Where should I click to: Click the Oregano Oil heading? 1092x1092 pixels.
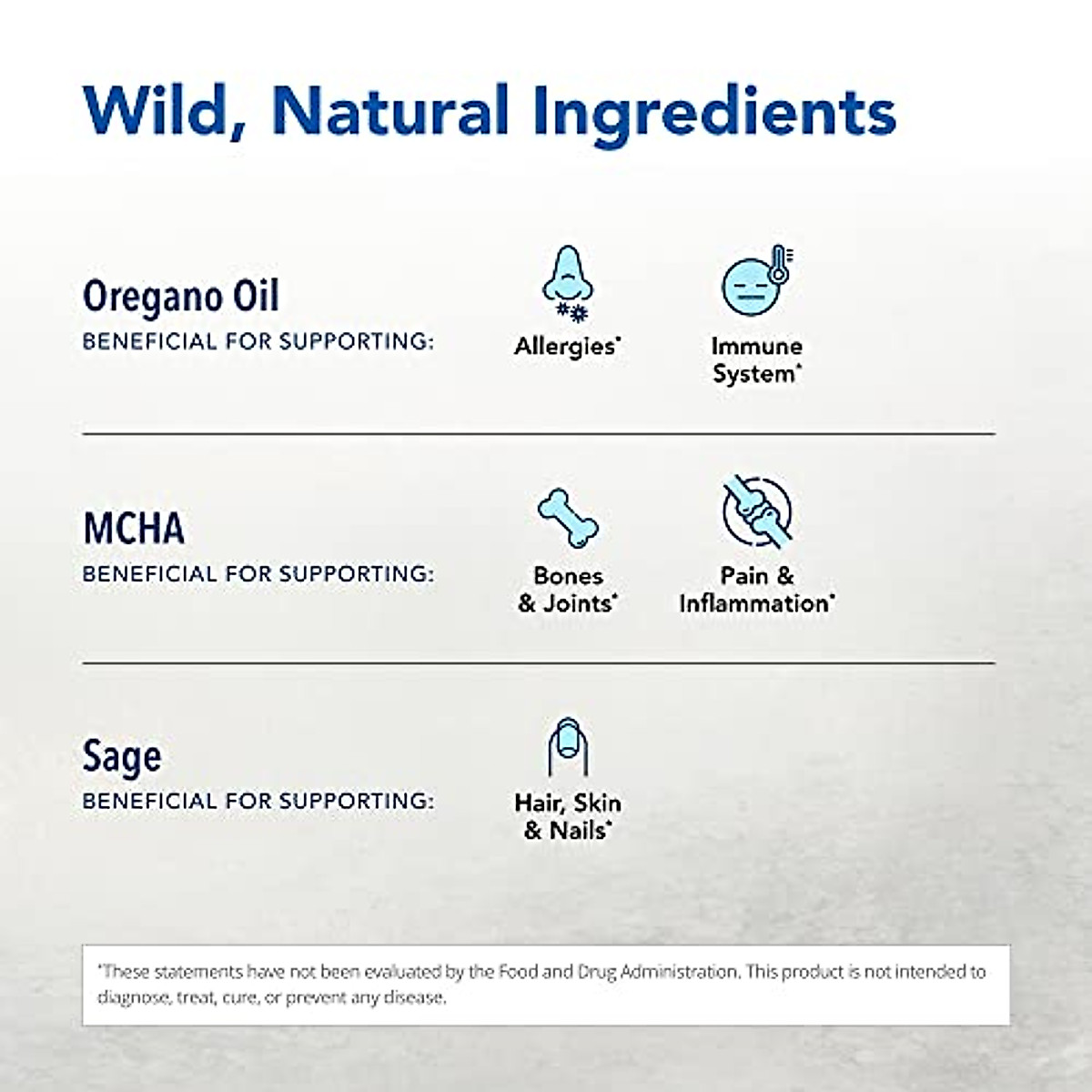181,297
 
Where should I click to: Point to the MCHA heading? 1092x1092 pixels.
134,528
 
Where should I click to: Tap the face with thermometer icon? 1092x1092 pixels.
757,280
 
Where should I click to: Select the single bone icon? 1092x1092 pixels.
568,518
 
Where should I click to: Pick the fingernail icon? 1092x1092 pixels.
568,747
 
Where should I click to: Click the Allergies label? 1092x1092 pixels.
568,347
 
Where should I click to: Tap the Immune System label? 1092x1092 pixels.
757,359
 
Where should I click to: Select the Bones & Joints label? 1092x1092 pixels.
568,590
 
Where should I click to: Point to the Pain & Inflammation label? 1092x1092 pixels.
757,590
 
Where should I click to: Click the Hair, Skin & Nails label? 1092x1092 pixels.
568,816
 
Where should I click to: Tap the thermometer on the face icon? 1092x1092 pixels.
780,264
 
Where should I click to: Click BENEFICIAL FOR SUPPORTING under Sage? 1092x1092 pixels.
258,801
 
